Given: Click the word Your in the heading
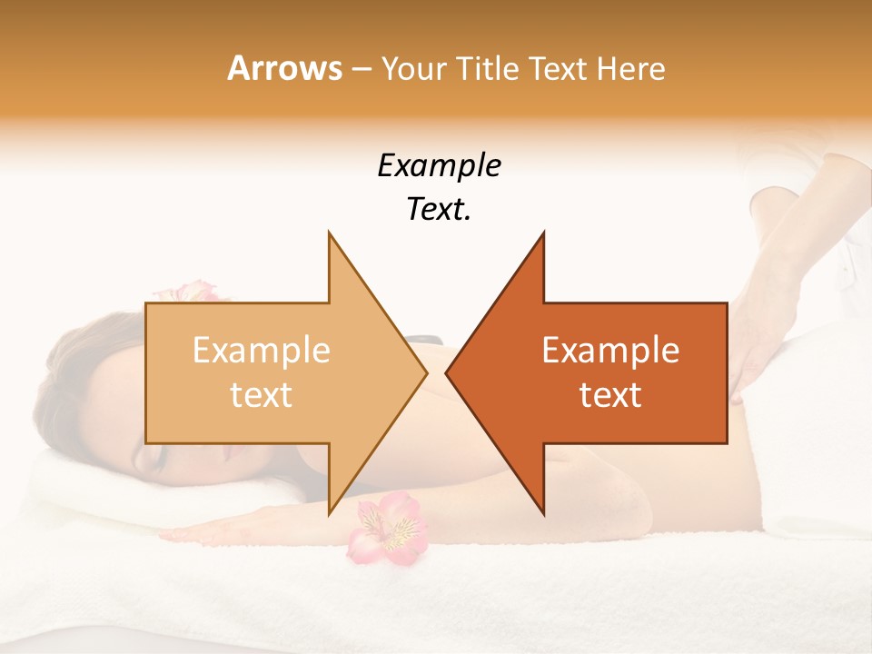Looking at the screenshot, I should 413,68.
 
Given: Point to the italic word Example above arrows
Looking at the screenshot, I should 439,166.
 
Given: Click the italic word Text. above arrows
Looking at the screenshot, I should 439,210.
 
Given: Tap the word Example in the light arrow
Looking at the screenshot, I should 262,351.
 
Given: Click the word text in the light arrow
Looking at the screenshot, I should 262,395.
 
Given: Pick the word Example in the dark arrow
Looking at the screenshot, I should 610,351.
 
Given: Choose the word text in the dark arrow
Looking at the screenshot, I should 610,395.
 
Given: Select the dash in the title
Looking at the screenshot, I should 361,69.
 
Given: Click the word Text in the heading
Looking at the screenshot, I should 556,68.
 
